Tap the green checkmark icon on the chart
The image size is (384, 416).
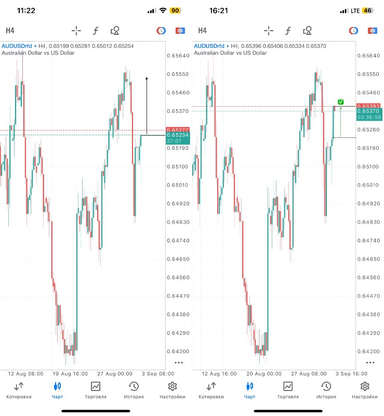pos(340,102)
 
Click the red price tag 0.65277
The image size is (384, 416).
pos(178,129)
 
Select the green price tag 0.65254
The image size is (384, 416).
pos(178,135)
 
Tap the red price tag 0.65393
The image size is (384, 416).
pos(369,106)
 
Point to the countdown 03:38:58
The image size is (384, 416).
pos(369,118)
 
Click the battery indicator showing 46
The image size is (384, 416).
pos(368,10)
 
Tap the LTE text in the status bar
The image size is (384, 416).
pos(355,10)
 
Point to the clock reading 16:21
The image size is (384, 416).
pos(218,10)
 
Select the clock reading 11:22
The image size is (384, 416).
pos(26,10)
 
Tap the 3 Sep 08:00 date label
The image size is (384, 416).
pos(157,373)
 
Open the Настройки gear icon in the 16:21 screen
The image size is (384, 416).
pos(365,386)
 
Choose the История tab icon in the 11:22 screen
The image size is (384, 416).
pos(134,386)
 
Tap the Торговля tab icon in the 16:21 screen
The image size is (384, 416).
pos(288,386)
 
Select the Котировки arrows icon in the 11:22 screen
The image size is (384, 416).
pos(19,386)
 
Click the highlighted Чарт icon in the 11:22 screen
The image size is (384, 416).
pos(57,386)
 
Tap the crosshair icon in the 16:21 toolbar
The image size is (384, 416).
pos(269,31)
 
